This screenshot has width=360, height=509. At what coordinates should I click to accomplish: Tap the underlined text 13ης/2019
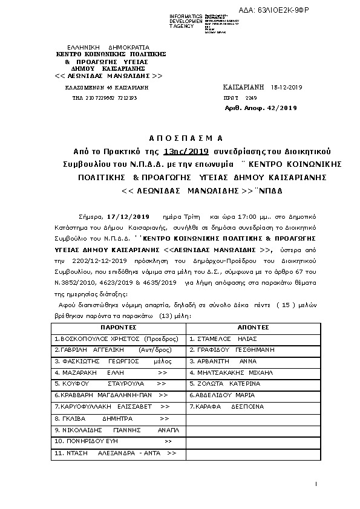pyautogui.click(x=185, y=151)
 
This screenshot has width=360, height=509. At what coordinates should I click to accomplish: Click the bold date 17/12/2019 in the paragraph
pyautogui.click(x=126, y=215)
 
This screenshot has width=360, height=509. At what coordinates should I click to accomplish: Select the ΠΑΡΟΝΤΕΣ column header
pyautogui.click(x=117, y=326)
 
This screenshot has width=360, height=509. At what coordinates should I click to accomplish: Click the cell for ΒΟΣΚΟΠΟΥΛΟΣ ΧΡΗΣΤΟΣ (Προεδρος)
pyautogui.click(x=117, y=339)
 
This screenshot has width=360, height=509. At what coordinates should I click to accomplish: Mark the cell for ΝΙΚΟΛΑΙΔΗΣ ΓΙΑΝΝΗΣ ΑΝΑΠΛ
pyautogui.click(x=117, y=430)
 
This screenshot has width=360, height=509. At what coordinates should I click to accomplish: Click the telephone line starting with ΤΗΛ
pyautogui.click(x=104, y=97)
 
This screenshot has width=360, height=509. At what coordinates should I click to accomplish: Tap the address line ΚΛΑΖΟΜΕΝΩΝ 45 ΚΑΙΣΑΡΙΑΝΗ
pyautogui.click(x=106, y=88)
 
